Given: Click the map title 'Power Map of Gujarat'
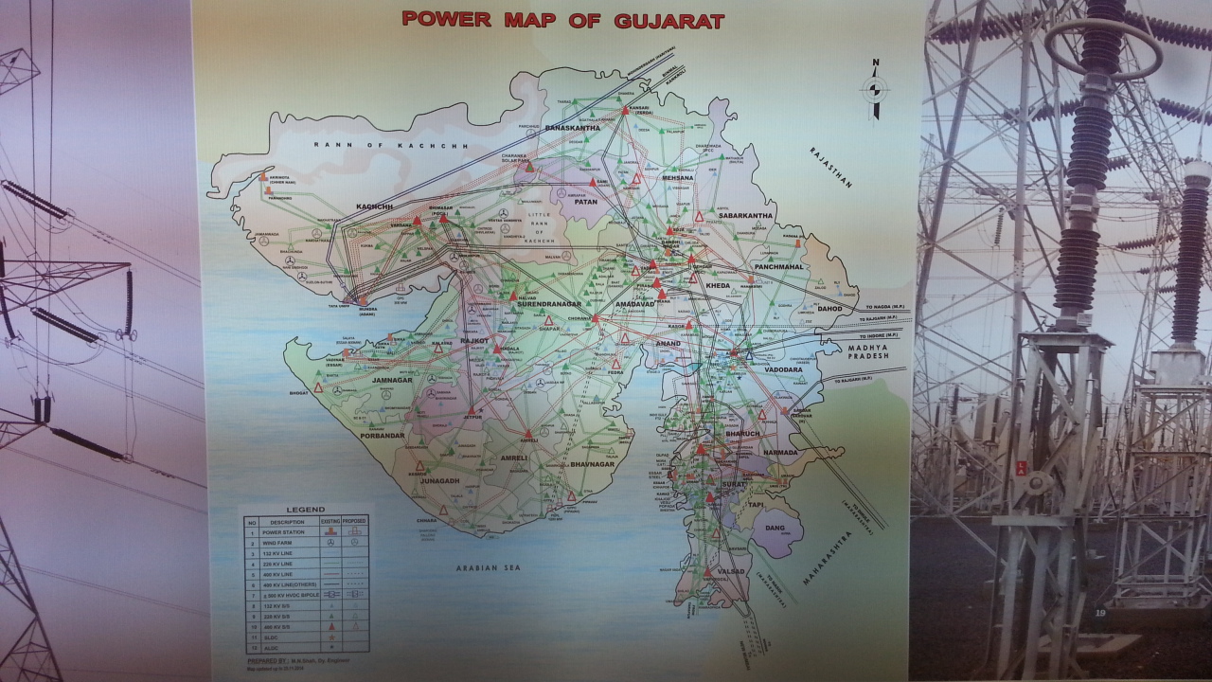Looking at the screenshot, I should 562,19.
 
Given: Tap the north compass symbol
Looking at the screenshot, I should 875,89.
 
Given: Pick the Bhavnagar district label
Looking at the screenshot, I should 593,465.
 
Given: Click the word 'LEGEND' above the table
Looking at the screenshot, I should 306,510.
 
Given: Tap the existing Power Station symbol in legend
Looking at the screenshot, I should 330,532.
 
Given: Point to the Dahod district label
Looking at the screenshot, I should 829,308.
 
